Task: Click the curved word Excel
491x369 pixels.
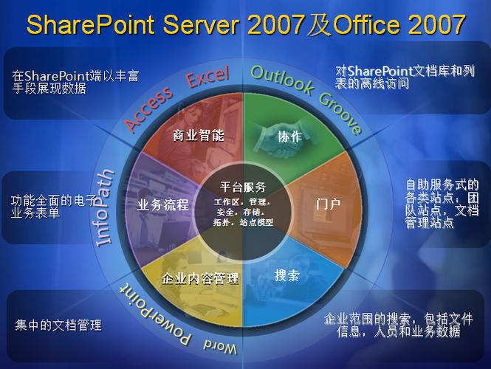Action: (208, 76)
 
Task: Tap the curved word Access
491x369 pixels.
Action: (148, 107)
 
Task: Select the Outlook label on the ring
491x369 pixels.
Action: (282, 80)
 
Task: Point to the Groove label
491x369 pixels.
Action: (340, 114)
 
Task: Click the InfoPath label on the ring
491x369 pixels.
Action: (105, 208)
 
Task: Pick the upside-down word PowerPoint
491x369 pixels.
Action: (154, 314)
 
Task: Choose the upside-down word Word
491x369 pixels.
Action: (220, 346)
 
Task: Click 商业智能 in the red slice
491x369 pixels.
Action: (199, 136)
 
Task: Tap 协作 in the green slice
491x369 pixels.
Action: (289, 137)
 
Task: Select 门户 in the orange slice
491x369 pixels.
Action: (328, 204)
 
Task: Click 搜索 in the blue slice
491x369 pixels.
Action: (286, 275)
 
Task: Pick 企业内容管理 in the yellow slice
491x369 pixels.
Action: (200, 278)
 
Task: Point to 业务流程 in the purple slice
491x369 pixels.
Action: (163, 204)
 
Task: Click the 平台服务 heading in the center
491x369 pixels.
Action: (243, 187)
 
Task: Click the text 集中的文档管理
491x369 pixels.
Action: (58, 325)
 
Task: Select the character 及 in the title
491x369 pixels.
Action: (319, 24)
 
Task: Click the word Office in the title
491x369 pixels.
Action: (367, 24)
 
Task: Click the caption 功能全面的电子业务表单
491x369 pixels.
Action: (53, 207)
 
